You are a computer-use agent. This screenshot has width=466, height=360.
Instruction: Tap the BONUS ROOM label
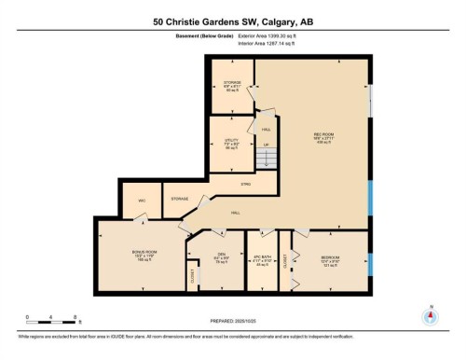(144, 252)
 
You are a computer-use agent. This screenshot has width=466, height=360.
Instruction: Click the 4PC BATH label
(262, 257)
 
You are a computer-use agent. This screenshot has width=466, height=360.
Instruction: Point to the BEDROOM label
(331, 257)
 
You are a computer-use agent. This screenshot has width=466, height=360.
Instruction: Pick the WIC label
(143, 200)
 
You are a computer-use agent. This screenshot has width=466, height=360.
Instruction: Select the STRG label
(246, 184)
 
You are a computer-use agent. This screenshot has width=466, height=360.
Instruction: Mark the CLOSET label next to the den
(193, 276)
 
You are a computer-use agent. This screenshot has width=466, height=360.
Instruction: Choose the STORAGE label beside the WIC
(179, 199)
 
